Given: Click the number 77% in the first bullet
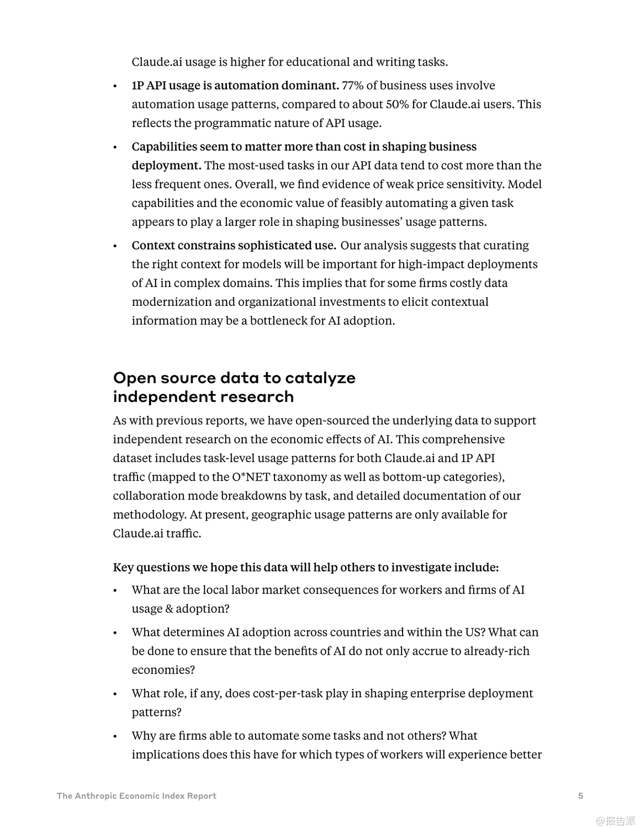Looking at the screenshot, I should point(352,86).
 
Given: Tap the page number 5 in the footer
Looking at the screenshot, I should point(580,795).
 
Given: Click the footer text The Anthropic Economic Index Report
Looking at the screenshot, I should point(136,795).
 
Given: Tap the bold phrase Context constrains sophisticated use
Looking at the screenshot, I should point(234,246).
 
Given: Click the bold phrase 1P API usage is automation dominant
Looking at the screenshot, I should point(235,86).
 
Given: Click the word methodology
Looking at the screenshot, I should point(149,514).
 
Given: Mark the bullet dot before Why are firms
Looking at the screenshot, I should point(115,736).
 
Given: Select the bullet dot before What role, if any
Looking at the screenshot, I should point(115,694).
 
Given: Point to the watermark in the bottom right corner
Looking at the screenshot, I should point(615,820).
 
